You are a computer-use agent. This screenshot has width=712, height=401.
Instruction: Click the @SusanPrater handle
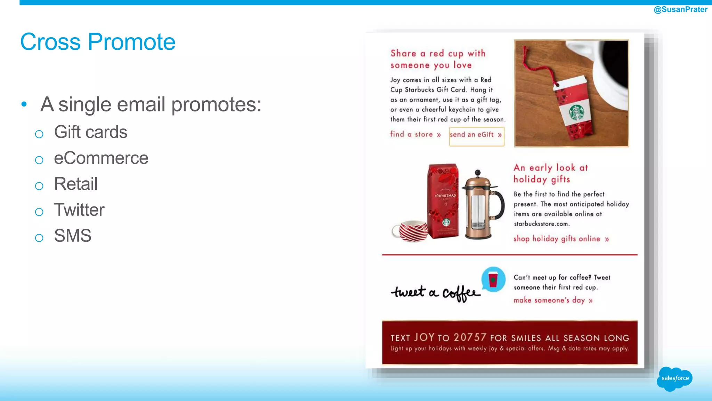click(x=680, y=9)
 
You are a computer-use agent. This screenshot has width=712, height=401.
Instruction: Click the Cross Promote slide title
click(x=98, y=42)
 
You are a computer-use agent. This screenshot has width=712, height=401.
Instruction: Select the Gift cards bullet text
click(x=90, y=132)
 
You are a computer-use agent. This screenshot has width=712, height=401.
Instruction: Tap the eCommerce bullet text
click(x=101, y=158)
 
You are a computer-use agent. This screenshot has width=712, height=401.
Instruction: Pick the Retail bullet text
click(x=75, y=184)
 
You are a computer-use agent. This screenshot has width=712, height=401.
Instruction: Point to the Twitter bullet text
click(x=79, y=210)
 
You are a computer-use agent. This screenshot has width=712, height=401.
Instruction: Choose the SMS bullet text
click(x=72, y=236)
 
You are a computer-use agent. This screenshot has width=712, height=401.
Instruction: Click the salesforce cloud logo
click(x=674, y=378)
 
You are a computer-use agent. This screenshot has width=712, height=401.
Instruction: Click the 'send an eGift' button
click(x=476, y=135)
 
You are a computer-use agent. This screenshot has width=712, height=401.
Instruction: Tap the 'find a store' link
click(x=415, y=134)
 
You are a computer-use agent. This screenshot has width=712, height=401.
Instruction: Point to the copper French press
click(x=482, y=205)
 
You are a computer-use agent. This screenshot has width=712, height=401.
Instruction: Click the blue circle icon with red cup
click(x=493, y=280)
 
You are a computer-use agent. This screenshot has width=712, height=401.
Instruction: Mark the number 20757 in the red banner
click(x=470, y=337)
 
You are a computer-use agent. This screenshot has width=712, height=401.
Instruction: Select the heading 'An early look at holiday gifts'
click(x=550, y=173)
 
